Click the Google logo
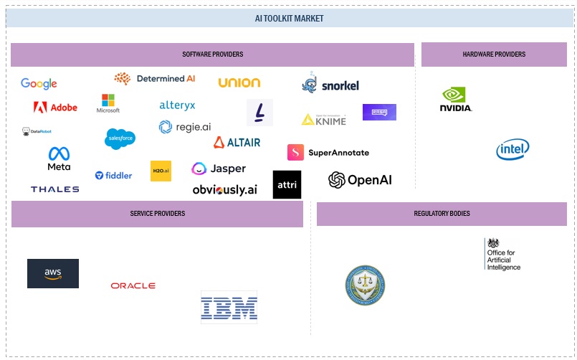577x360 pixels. (x=39, y=84)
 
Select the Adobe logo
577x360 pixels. (x=55, y=108)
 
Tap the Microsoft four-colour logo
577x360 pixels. (x=108, y=103)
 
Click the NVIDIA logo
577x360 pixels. (x=456, y=99)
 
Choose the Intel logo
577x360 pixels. (x=513, y=149)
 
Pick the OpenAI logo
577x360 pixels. (x=360, y=180)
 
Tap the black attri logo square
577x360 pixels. (x=287, y=184)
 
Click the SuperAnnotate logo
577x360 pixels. (x=328, y=153)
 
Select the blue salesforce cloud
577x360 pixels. (x=120, y=138)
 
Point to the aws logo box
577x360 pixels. (x=53, y=273)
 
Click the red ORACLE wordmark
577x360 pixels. (x=133, y=285)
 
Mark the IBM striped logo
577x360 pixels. (x=229, y=308)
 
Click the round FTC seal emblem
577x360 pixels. (x=365, y=285)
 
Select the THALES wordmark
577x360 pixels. (x=54, y=189)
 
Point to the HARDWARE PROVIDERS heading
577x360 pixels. (x=494, y=55)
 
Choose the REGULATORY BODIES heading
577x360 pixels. (x=442, y=214)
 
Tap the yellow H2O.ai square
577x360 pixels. (x=161, y=171)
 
